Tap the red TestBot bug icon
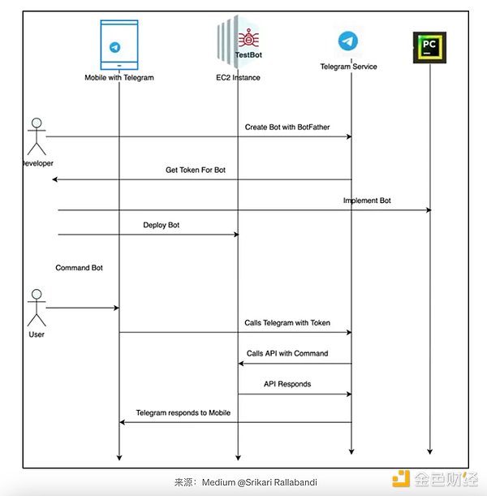[x=245, y=38]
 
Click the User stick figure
[x=35, y=309]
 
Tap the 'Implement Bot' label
[x=367, y=201]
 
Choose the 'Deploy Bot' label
[x=162, y=225]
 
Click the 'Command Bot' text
[x=80, y=268]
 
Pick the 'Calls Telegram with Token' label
[x=287, y=323]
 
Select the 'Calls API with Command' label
[x=287, y=354]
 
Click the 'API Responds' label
[x=287, y=384]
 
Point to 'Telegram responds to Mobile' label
[x=183, y=413]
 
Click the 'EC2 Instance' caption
[x=238, y=77]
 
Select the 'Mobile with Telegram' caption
[x=119, y=78]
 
